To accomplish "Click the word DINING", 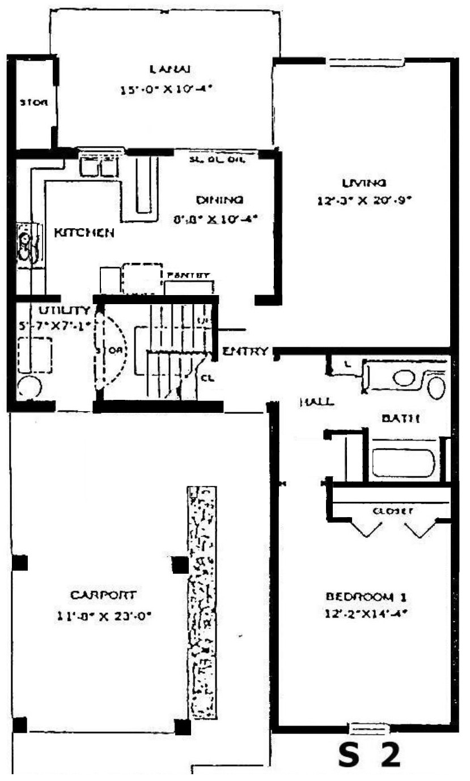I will [x=219, y=199].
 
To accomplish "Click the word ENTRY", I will [x=245, y=352].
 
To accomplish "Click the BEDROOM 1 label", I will [x=367, y=596].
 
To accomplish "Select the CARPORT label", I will [x=103, y=595].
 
